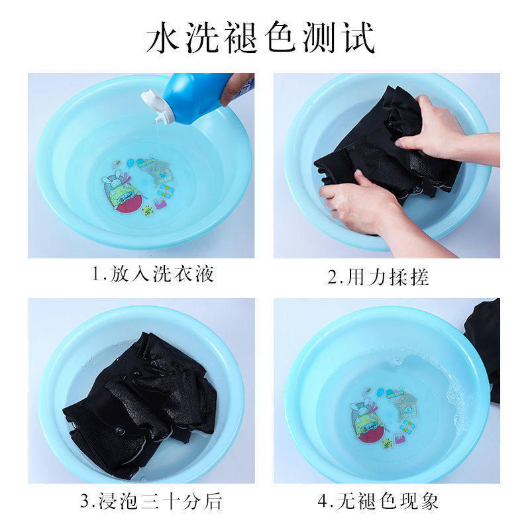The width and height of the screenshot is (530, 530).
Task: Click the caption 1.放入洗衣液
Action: [152, 274]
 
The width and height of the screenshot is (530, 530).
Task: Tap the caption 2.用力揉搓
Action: [378, 276]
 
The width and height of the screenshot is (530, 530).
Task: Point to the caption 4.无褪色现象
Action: [378, 500]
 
